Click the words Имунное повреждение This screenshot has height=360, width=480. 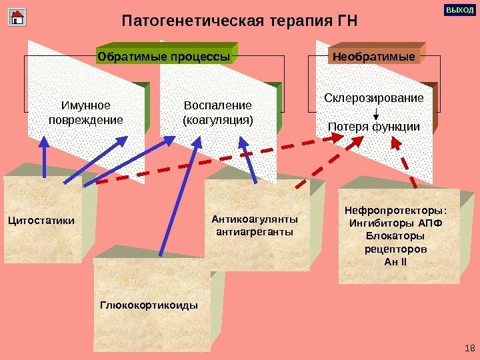[x=86, y=113]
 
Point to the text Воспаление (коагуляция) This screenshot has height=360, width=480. [x=217, y=113]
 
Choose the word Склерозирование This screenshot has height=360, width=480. [x=373, y=98]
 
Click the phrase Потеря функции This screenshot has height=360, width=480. [x=374, y=127]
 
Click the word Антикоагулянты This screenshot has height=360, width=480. [x=255, y=219]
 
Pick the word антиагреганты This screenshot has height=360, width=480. [x=255, y=232]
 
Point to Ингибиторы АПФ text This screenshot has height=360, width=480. [x=396, y=223]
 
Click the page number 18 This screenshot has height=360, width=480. [x=469, y=348]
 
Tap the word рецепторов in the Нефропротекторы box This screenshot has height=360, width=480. [x=396, y=249]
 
